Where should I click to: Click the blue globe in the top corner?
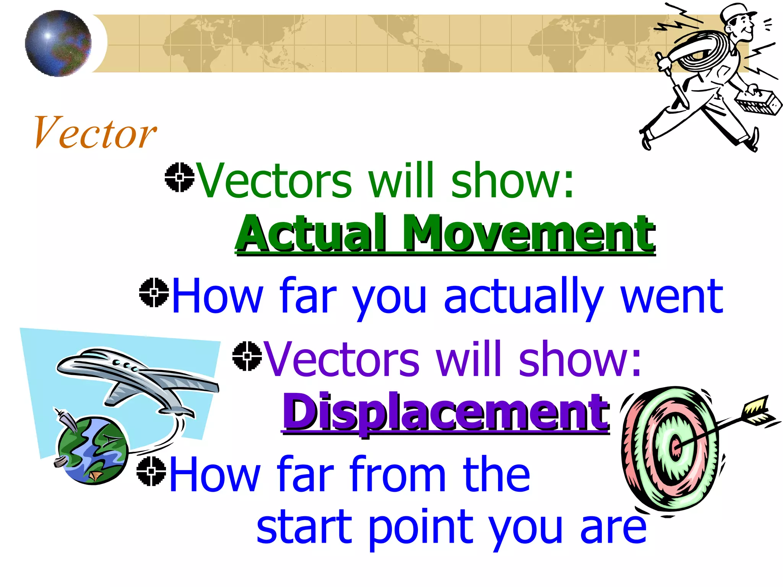pyautogui.click(x=58, y=43)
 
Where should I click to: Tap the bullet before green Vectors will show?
pyautogui.click(x=179, y=177)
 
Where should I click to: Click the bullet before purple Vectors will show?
pyautogui.click(x=247, y=356)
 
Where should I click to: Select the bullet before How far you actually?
pyautogui.click(x=154, y=293)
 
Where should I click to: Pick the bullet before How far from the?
pyautogui.click(x=151, y=471)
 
